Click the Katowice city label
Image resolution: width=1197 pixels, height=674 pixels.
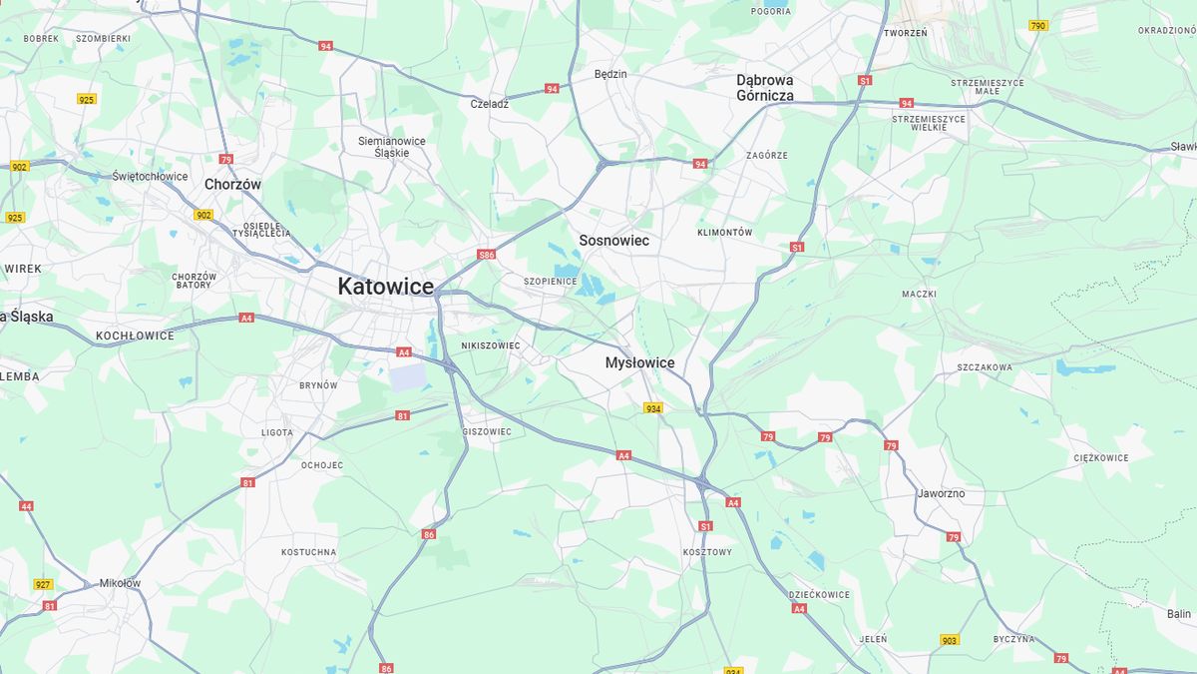[x=385, y=287]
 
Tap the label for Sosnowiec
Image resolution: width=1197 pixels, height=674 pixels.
[x=613, y=241]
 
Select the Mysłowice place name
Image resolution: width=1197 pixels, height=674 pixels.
[x=639, y=363]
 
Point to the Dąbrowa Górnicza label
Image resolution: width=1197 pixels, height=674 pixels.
[x=765, y=88]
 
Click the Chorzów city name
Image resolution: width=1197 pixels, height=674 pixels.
[x=232, y=185]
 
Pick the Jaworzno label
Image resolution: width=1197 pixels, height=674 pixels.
[x=941, y=493]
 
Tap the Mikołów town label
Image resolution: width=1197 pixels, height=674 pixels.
[x=120, y=583]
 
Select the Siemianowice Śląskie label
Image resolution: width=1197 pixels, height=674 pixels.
[x=392, y=147]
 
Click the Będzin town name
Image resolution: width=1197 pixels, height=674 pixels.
[x=610, y=74]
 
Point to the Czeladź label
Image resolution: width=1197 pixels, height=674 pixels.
[x=490, y=103]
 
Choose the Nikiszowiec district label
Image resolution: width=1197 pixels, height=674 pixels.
[x=491, y=345]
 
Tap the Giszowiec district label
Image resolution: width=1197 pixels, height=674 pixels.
[x=487, y=431]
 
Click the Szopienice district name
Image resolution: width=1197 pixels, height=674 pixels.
[x=551, y=282]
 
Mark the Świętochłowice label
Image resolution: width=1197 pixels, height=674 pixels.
[x=150, y=176]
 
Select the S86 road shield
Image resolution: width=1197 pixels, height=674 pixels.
[x=486, y=255]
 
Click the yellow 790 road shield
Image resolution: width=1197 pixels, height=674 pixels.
[x=1038, y=26]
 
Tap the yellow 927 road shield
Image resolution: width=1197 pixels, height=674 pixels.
[x=43, y=584]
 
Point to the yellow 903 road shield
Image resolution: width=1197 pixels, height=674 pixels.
[x=949, y=640]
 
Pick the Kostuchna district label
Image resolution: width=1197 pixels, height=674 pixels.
[x=308, y=551]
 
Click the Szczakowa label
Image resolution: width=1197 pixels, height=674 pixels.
[x=985, y=367]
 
